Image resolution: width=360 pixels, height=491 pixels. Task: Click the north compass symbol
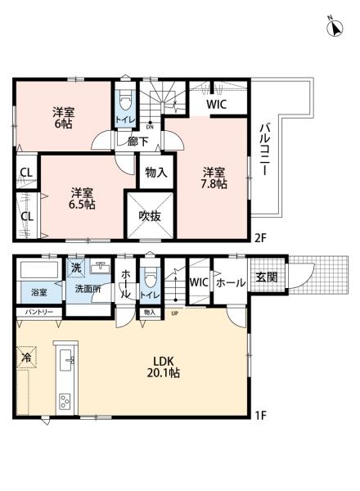334,28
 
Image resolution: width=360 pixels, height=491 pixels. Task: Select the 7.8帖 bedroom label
215,178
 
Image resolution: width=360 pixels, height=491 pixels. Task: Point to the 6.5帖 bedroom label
81,198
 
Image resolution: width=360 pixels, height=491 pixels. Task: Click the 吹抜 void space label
149,217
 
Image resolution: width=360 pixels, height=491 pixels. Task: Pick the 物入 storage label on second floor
155,173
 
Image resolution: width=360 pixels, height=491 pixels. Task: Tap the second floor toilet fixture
124,103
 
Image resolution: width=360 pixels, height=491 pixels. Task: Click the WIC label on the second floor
217,104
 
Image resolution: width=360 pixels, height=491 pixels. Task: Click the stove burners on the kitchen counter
65,401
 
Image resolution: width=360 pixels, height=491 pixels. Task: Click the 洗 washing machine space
74,268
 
